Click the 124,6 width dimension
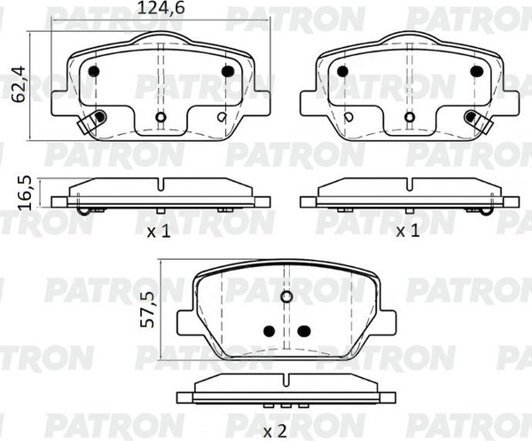[x=160, y=8]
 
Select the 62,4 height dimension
[x=19, y=84]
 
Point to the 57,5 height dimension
[x=147, y=310]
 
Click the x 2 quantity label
[x=275, y=432]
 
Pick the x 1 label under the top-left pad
[x=159, y=232]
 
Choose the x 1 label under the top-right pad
[x=408, y=232]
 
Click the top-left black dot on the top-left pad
[x=93, y=71]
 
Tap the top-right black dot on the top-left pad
[x=228, y=71]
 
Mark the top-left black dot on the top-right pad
[x=342, y=71]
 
